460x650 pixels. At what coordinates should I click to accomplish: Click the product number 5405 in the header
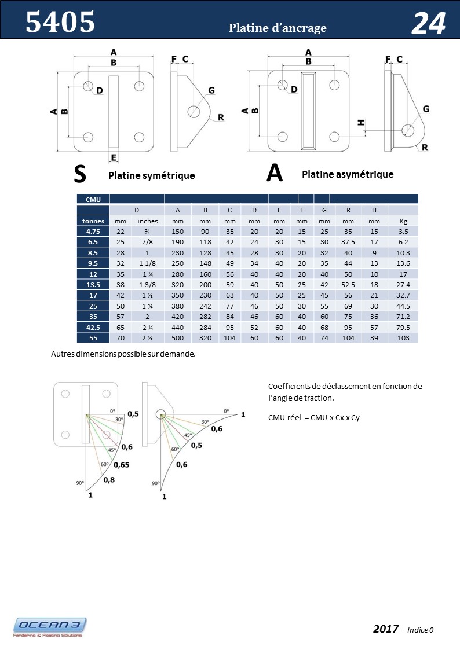click(60, 23)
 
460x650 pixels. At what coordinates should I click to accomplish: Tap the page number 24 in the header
click(428, 24)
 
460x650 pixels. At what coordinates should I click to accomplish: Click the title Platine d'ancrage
click(278, 28)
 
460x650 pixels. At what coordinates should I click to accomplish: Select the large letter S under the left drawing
click(81, 173)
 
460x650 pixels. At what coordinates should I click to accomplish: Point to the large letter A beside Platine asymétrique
click(275, 173)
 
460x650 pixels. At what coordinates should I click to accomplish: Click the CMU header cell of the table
click(93, 199)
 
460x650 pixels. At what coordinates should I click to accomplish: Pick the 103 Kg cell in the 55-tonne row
click(403, 337)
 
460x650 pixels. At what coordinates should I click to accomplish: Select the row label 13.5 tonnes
click(93, 284)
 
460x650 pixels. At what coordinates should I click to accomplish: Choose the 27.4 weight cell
click(403, 284)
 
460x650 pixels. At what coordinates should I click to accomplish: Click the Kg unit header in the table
click(403, 221)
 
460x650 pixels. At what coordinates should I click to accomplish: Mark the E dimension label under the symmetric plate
click(114, 157)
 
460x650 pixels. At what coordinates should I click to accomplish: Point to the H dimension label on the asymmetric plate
click(361, 122)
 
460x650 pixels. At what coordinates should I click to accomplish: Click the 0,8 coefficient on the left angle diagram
click(109, 479)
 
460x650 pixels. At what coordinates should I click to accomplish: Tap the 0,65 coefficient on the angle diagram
click(121, 464)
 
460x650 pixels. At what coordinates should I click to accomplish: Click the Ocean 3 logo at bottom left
click(50, 627)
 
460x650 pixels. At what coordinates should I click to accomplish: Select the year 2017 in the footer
click(385, 629)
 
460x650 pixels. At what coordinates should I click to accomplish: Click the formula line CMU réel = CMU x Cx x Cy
click(314, 417)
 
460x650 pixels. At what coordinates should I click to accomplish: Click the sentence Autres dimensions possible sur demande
click(123, 354)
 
